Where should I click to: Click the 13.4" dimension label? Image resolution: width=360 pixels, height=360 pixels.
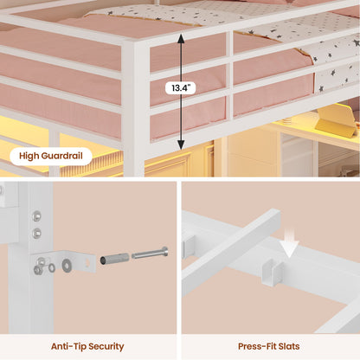click(181, 87)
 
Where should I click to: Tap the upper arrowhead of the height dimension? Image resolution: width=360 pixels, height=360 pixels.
click(181, 38)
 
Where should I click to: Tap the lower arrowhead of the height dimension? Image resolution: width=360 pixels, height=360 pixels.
click(181, 145)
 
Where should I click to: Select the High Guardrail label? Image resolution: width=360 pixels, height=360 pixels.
click(51, 156)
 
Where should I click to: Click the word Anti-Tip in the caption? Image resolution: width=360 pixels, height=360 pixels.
click(67, 346)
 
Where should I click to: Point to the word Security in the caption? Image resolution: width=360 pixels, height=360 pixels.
click(106, 347)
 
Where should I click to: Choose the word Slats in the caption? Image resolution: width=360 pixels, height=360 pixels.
click(289, 346)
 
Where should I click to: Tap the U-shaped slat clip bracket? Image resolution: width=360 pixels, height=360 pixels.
click(272, 272)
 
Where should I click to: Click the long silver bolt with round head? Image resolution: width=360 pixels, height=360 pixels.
click(150, 254)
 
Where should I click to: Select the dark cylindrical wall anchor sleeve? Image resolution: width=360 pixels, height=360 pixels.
click(114, 259)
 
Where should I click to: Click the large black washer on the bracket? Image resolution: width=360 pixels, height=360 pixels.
click(67, 265)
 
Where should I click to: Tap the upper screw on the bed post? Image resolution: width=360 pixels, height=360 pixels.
click(36, 215)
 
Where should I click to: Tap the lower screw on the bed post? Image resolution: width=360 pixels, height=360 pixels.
click(36, 233)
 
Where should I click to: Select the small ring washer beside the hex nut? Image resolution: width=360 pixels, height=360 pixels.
click(52, 267)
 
